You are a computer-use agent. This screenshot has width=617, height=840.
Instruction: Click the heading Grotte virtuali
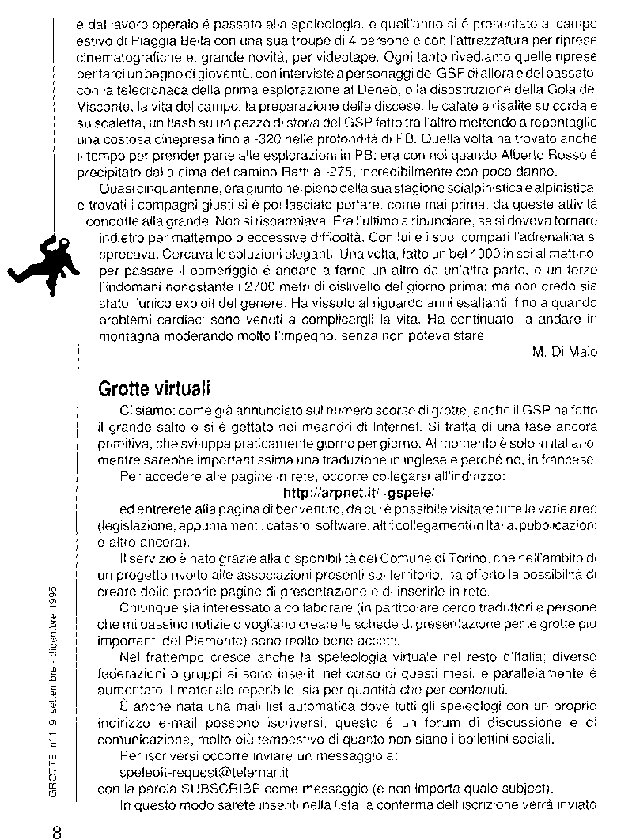(x=154, y=390)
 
